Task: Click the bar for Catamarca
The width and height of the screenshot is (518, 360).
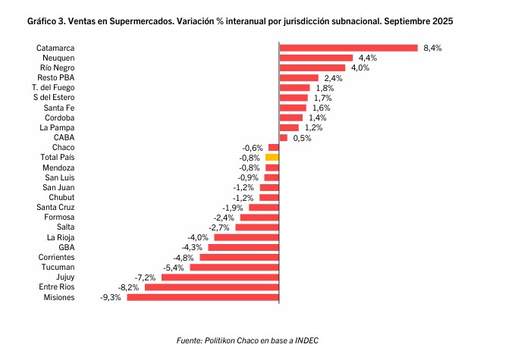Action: pyautogui.click(x=348, y=48)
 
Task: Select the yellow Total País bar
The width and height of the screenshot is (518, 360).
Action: pyautogui.click(x=272, y=157)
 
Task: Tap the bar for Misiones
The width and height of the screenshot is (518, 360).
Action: pyautogui.click(x=202, y=297)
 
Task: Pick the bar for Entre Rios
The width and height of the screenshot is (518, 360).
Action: pyautogui.click(x=212, y=287)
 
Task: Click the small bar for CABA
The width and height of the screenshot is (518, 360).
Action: pyautogui.click(x=283, y=137)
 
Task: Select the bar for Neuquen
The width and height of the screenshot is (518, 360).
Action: pyautogui.click(x=316, y=58)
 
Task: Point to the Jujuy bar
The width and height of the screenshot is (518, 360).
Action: pyautogui.click(x=220, y=277)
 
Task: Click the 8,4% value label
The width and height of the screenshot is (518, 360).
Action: pyautogui.click(x=432, y=48)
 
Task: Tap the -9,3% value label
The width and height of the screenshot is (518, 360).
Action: pyautogui.click(x=111, y=297)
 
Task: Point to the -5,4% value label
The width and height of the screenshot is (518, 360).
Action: pyautogui.click(x=174, y=268)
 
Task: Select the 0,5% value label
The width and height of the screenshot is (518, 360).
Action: pyautogui.click(x=302, y=137)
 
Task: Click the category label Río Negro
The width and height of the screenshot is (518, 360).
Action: pyautogui.click(x=57, y=67)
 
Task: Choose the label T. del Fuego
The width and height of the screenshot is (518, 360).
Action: pyautogui.click(x=53, y=87)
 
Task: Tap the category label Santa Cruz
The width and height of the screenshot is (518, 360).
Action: pyautogui.click(x=55, y=207)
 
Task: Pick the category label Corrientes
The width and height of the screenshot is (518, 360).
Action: pyautogui.click(x=56, y=257)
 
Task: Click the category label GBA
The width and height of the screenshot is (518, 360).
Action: pyautogui.click(x=66, y=247)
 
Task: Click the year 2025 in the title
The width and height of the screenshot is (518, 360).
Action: pyautogui.click(x=442, y=23)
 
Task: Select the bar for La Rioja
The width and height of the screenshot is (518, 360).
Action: pyautogui.click(x=246, y=237)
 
